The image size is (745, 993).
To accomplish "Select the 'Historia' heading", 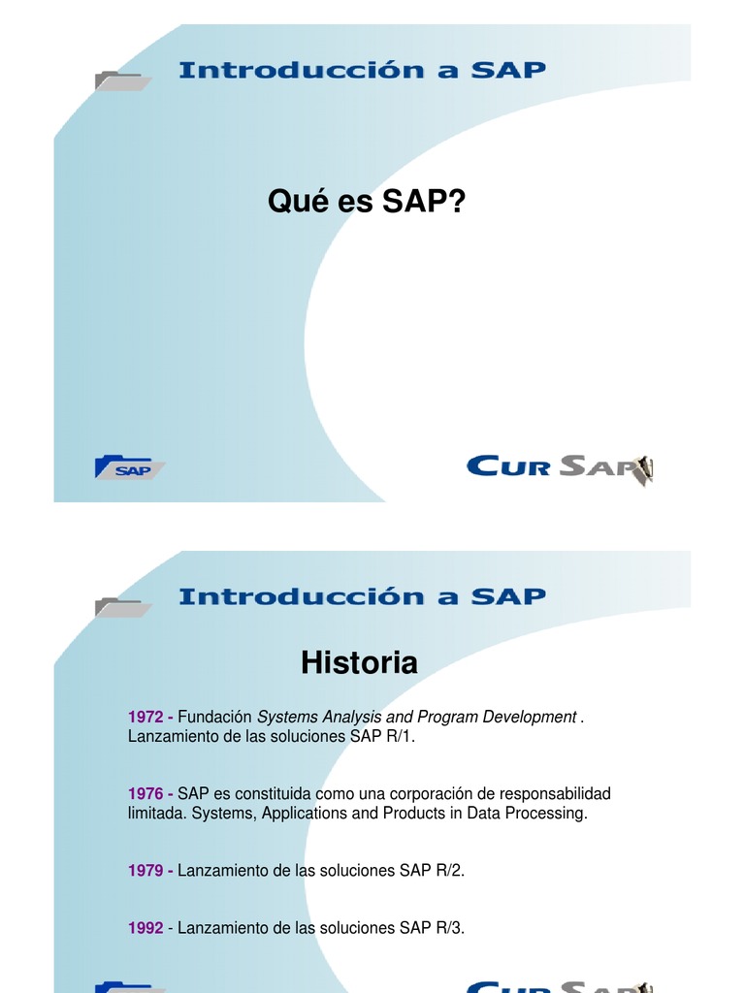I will pos(359,663).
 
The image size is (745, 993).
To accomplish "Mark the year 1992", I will pos(146,928).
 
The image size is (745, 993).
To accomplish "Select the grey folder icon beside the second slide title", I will pos(122,607).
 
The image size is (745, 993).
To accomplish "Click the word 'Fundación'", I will pos(215,718).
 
